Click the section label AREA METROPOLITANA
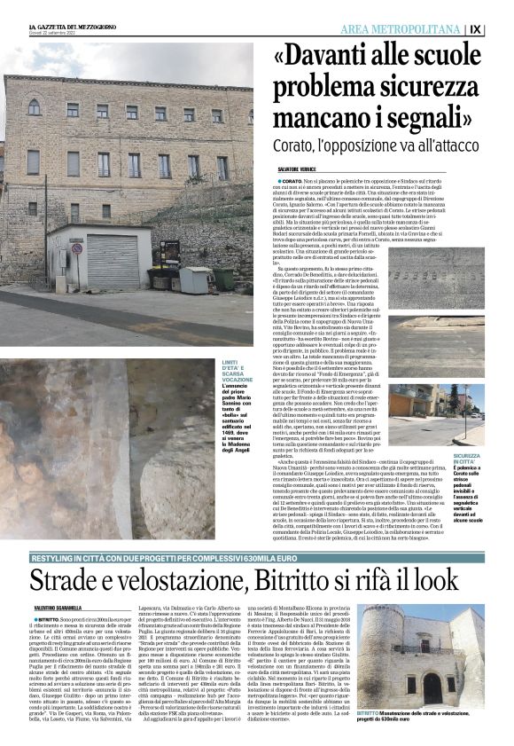(x=403, y=29)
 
